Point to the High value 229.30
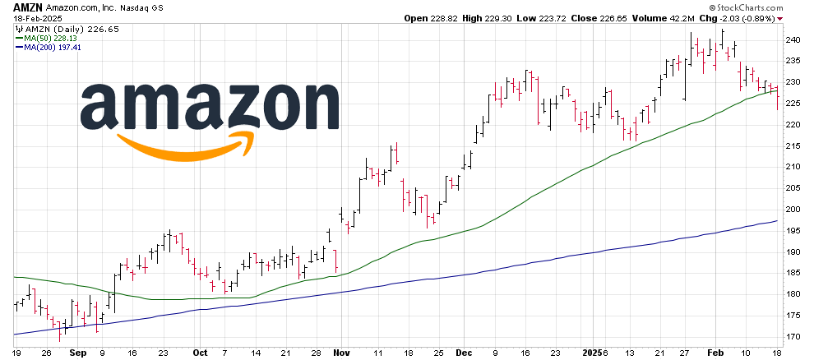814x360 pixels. coord(509,17)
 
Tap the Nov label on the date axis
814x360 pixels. coord(341,352)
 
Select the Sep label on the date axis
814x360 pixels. coord(78,352)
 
